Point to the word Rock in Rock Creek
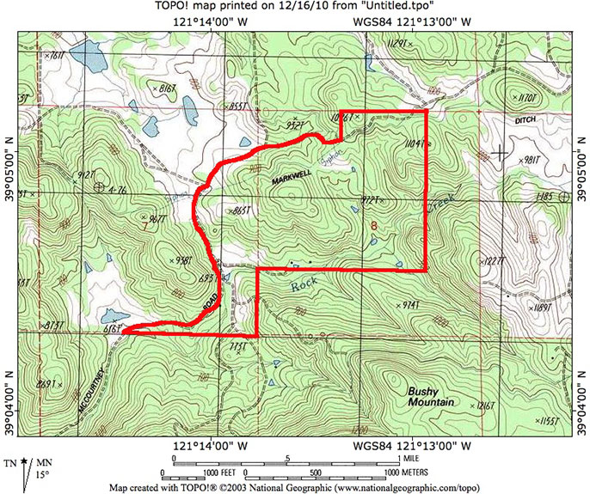pyautogui.click(x=303, y=284)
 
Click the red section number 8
pyautogui.click(x=373, y=226)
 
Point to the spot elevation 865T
pyautogui.click(x=246, y=210)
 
